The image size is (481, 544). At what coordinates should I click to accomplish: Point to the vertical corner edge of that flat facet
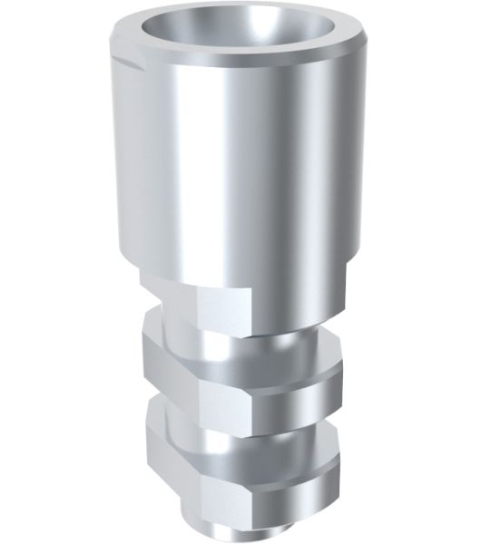pos(199,304)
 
